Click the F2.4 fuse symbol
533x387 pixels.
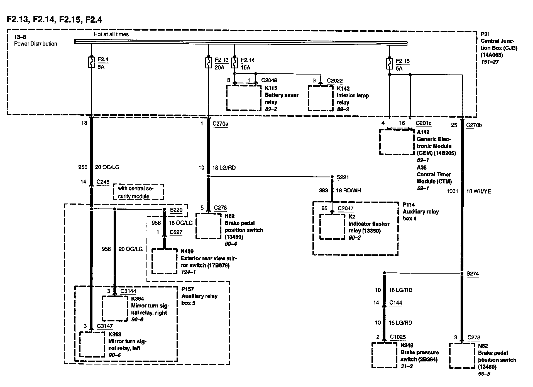coord(91,62)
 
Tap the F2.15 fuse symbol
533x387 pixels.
coord(389,63)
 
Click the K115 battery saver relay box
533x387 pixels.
coord(244,98)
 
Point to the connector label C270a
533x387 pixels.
coord(220,124)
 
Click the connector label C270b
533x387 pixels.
coord(474,125)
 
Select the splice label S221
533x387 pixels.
coord(343,177)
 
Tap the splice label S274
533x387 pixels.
coord(473,274)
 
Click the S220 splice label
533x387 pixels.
coord(176,210)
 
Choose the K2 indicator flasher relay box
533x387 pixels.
coord(332,226)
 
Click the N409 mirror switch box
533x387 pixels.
coord(164,261)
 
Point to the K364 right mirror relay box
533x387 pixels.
coord(115,308)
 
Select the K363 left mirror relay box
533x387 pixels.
coord(92,344)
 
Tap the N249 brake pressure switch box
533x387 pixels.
coord(384,355)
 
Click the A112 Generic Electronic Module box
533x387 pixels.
coord(397,142)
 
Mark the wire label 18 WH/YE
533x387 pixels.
coord(478,191)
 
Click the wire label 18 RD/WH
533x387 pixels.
coord(348,190)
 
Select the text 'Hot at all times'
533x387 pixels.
coord(111,34)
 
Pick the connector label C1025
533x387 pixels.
coord(398,337)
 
